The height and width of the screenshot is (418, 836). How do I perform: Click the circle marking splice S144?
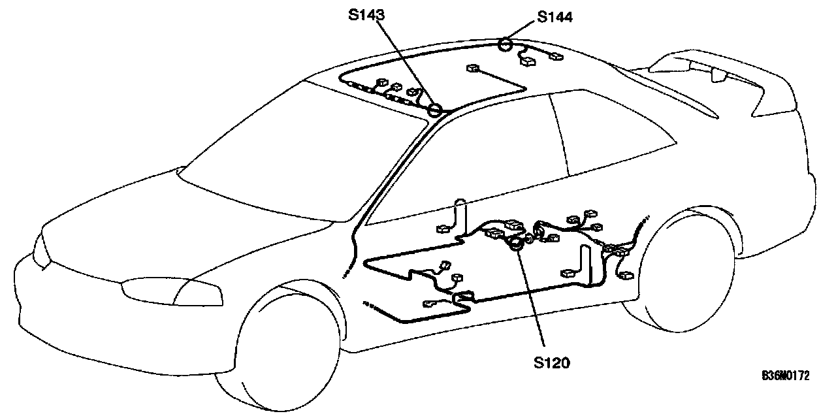505,44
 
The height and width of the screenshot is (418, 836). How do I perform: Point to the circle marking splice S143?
435,110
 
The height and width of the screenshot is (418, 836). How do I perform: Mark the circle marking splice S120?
516,244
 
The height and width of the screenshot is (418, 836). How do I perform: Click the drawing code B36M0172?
785,376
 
